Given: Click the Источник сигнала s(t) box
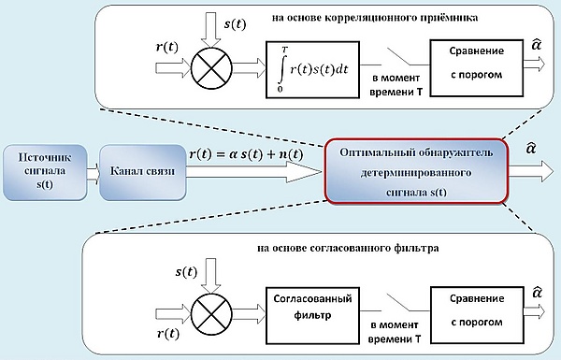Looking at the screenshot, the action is pyautogui.click(x=45, y=172).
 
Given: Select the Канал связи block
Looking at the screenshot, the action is pyautogui.click(x=142, y=172).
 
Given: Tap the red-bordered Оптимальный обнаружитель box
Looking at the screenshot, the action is pyautogui.click(x=416, y=171).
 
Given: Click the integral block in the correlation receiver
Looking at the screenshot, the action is pyautogui.click(x=312, y=69).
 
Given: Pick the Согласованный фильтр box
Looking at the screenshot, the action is pyautogui.click(x=312, y=315).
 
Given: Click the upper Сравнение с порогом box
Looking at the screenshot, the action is pyautogui.click(x=477, y=68).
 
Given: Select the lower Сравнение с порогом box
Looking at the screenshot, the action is pyautogui.click(x=477, y=315).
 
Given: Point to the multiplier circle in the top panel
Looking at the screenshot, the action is pyautogui.click(x=211, y=67).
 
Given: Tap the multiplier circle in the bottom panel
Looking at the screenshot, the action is pyautogui.click(x=211, y=314).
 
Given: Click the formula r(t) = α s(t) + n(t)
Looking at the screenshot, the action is pyautogui.click(x=246, y=154).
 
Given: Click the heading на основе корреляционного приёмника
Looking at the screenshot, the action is pyautogui.click(x=375, y=18).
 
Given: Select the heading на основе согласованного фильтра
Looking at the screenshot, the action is pyautogui.click(x=348, y=248).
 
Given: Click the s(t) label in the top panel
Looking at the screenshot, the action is pyautogui.click(x=235, y=24).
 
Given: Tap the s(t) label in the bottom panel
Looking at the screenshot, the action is pyautogui.click(x=186, y=272).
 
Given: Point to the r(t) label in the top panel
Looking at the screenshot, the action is pyautogui.click(x=167, y=47).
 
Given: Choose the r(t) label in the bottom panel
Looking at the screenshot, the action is pyautogui.click(x=167, y=334).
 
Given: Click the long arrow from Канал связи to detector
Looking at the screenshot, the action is pyautogui.click(x=254, y=172).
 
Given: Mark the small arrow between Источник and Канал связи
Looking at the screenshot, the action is pyautogui.click(x=93, y=174).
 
